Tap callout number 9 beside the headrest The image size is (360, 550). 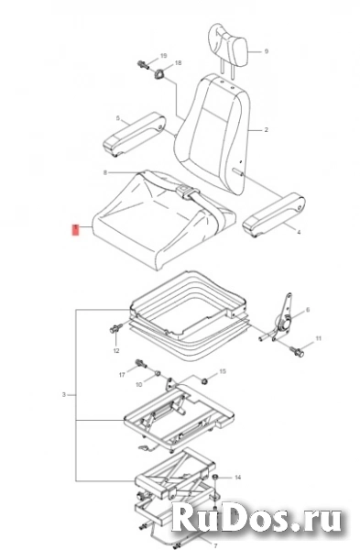coord(267,51)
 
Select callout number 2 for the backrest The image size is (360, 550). coord(266,130)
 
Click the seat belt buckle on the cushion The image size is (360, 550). coord(184,191)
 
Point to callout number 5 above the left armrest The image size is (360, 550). coord(118,118)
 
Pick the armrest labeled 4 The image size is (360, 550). coord(275,211)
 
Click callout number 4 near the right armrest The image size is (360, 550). coord(299,232)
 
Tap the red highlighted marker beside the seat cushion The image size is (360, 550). coord(76,230)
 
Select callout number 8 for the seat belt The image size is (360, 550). coord(104,172)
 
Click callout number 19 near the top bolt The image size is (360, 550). coord(163,56)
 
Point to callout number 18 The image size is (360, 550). coord(178,62)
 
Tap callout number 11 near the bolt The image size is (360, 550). coord(318,338)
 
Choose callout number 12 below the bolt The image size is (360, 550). coord(116,350)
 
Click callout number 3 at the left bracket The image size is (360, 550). coord(64,394)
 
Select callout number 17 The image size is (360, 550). coord(122,375)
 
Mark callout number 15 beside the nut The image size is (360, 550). coord(223,371)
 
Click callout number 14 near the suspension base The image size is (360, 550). coord(237,477)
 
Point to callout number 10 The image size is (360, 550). coord(139,385)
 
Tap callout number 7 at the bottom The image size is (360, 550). coord(215,545)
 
